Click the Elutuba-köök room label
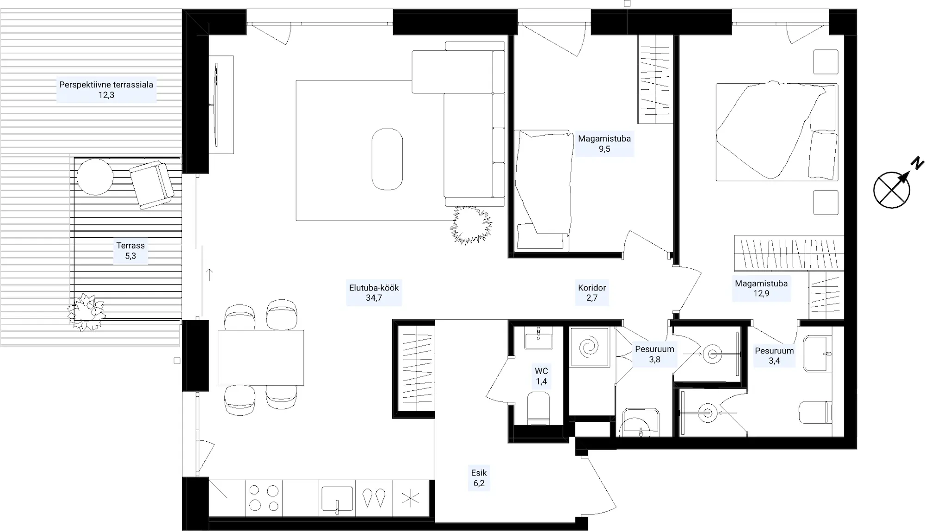(x=374, y=293)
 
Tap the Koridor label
(x=592, y=293)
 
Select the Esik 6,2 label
(x=479, y=478)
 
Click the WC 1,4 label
(x=541, y=376)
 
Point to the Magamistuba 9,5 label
(x=604, y=143)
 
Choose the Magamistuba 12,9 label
(x=761, y=289)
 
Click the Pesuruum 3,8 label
(x=654, y=354)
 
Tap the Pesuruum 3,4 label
(x=774, y=356)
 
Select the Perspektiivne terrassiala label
(x=106, y=90)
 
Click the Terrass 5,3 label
(x=130, y=251)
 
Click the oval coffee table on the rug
(x=387, y=159)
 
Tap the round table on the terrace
(x=95, y=177)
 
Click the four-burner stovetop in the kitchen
(x=264, y=498)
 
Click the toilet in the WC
(x=538, y=408)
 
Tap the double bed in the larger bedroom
(x=777, y=132)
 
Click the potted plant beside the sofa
(x=471, y=225)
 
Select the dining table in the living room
(x=261, y=358)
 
